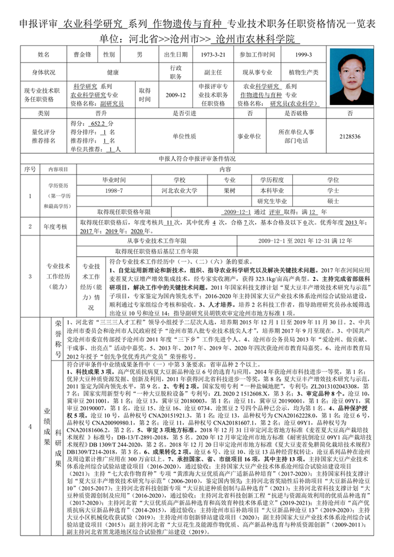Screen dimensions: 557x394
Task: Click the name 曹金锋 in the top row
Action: (x=82, y=55)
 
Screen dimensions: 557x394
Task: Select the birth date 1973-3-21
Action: (x=213, y=55)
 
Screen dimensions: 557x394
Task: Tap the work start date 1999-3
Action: (x=303, y=55)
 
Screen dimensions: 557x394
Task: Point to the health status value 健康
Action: (x=113, y=73)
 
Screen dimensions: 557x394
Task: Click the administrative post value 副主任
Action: (x=213, y=73)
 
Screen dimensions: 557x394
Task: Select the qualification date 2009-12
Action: (x=176, y=95)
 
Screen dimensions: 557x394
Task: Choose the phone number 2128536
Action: (x=350, y=136)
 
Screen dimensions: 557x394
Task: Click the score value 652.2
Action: (x=98, y=123)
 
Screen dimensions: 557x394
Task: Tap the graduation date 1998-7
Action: (x=114, y=191)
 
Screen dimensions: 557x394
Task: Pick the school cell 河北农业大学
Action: (x=179, y=191)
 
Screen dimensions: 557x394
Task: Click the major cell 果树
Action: (x=229, y=191)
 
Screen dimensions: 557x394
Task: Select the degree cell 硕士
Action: (x=333, y=201)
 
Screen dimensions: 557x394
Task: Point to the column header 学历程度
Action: (x=272, y=180)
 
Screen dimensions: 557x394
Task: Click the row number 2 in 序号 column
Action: (x=30, y=226)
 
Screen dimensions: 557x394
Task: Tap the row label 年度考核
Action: (x=55, y=226)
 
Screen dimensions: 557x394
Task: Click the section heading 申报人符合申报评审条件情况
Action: (x=197, y=159)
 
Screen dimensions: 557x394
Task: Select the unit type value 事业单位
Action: (x=249, y=136)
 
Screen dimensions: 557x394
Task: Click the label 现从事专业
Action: (x=257, y=73)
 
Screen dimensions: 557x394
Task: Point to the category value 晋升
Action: (x=101, y=113)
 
